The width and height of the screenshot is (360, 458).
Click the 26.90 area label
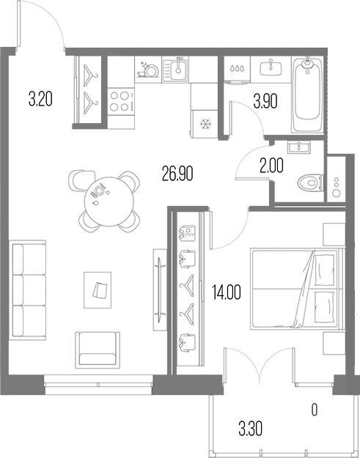177,174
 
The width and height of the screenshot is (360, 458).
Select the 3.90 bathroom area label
265,100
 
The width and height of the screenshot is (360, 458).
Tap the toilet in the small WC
310,180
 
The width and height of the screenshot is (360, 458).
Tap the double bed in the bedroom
296,289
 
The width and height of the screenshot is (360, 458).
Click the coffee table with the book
98,289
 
